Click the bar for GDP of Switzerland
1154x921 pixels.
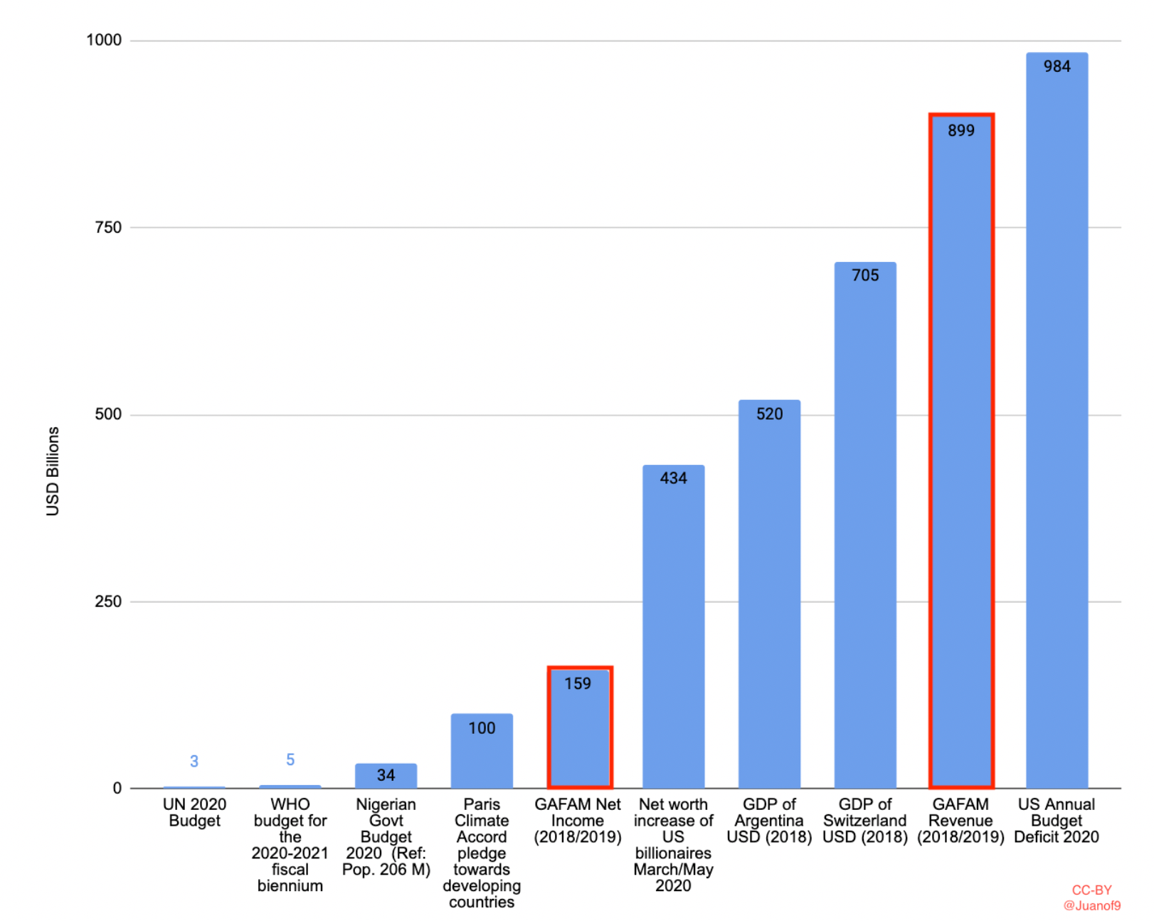pos(864,527)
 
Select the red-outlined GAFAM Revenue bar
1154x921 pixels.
pos(960,456)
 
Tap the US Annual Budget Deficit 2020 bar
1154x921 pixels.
pos(1057,427)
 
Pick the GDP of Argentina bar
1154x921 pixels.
pos(769,598)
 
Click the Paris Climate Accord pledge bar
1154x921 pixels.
pos(482,754)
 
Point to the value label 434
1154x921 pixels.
pos(673,478)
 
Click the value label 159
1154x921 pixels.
pos(578,684)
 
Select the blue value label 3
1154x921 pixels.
pos(194,762)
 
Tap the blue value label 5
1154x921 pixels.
pos(290,760)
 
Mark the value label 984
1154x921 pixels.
pos(1057,67)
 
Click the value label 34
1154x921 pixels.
pos(386,775)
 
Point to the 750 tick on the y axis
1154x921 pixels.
pos(108,228)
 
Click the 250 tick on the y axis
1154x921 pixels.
pos(108,601)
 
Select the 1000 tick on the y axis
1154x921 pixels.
pos(104,41)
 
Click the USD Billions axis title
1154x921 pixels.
pos(53,471)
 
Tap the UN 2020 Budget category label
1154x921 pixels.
pos(194,813)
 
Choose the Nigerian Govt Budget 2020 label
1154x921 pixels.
pos(386,837)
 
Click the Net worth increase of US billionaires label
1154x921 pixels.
pos(673,845)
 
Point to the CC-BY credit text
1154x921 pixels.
pos(1091,890)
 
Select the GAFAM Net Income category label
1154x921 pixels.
pos(578,821)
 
